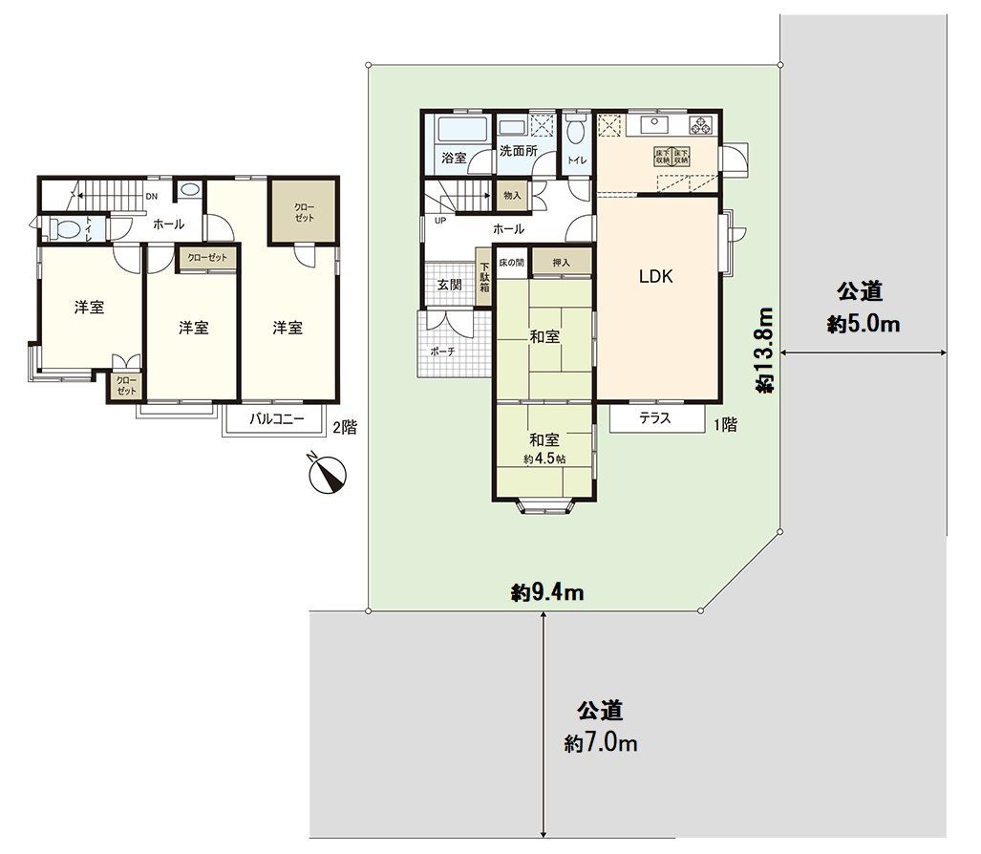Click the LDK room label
click(656, 277)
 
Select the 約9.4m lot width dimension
click(547, 593)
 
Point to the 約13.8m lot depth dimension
click(765, 350)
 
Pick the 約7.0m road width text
click(601, 742)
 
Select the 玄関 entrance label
click(450, 284)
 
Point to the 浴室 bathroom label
click(454, 158)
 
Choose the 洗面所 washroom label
click(518, 152)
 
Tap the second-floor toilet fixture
click(67, 229)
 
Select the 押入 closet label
click(560, 262)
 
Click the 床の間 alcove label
click(512, 262)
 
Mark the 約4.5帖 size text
click(544, 459)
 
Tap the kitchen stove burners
click(702, 125)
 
